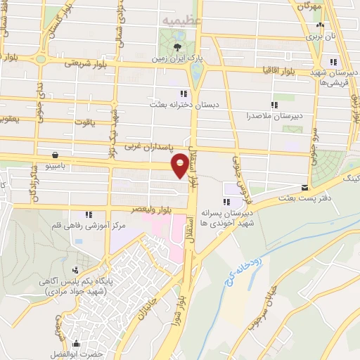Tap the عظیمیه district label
click(x=181, y=22)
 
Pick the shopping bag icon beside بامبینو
click(x=55, y=155)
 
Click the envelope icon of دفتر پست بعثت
click(x=304, y=188)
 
